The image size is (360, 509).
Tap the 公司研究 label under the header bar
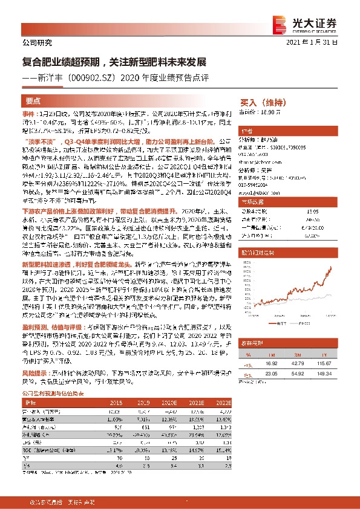coord(37,42)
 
